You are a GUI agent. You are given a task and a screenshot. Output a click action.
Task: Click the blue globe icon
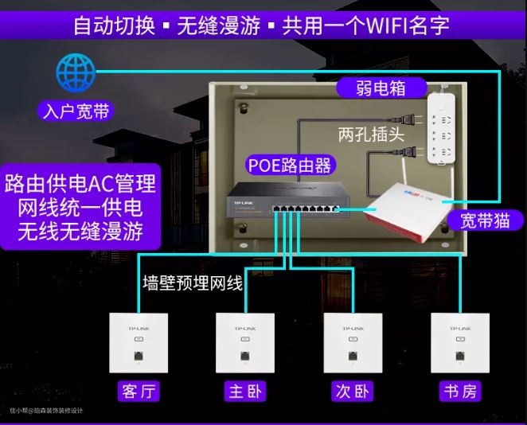pos(76,72)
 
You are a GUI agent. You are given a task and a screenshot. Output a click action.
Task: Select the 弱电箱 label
pos(381,88)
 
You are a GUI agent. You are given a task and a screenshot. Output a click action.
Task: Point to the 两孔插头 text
pos(371,134)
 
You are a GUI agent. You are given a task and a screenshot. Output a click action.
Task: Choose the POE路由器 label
pos(288,166)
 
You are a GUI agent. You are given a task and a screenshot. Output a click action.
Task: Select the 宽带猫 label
pos(485,220)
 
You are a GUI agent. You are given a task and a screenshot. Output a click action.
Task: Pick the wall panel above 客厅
pos(139,343)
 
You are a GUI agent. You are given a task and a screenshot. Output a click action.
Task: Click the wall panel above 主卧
pos(245,343)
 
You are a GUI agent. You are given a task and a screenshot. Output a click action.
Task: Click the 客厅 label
pos(139,392)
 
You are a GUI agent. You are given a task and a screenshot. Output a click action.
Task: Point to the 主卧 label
pos(245,392)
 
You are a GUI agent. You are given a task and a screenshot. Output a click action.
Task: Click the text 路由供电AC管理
pos(80,184)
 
